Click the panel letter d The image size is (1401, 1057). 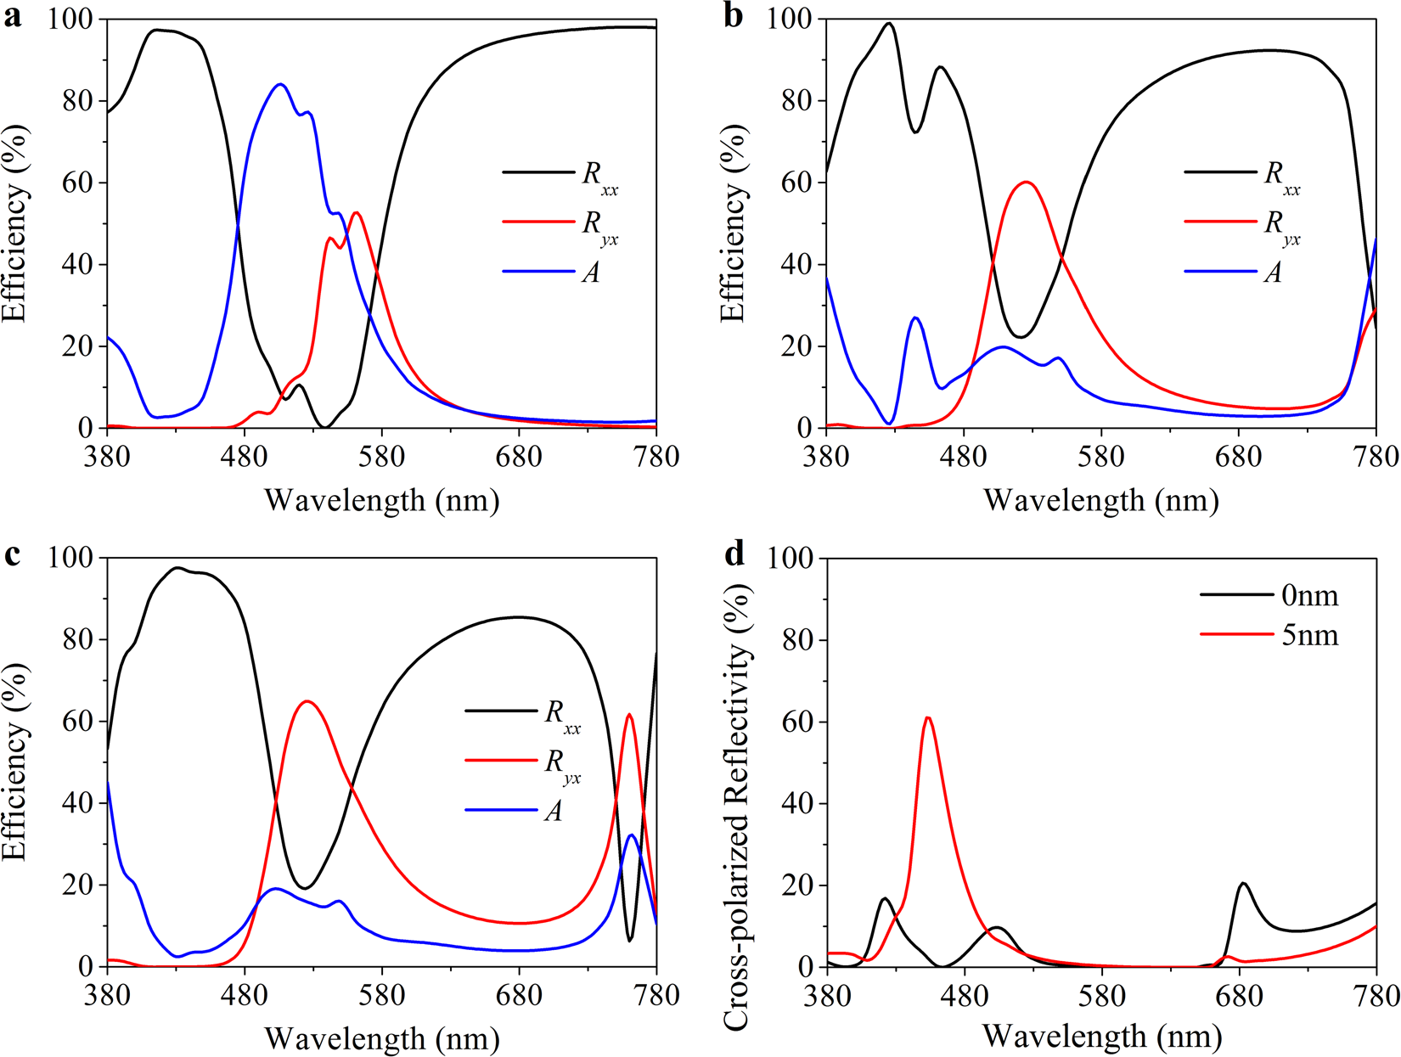point(734,554)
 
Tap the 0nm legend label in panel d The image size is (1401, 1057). point(1309,596)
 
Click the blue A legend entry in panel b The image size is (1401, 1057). point(1272,272)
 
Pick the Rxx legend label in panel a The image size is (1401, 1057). point(599,175)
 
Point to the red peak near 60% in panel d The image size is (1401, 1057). point(928,717)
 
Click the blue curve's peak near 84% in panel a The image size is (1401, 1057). point(280,84)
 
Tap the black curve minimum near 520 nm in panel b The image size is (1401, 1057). point(1020,337)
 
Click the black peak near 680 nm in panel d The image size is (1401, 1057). point(1244,883)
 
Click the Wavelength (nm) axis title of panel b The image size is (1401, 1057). point(1101,500)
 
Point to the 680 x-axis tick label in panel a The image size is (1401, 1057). point(519,457)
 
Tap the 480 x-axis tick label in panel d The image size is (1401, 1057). point(964,995)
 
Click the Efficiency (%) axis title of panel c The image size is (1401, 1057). point(15,762)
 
